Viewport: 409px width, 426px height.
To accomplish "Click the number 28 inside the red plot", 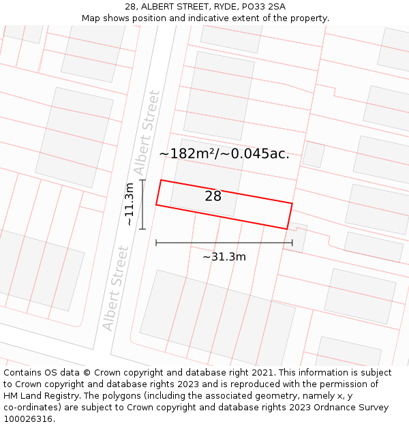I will [213, 196].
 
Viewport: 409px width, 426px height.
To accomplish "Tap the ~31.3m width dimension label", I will [224, 257].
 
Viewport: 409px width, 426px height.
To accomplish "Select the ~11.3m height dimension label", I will [128, 204].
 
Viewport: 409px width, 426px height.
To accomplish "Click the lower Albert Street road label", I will [115, 288].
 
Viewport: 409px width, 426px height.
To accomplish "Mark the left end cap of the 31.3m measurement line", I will [156, 242].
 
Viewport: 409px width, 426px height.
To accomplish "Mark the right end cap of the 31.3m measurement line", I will [292, 242].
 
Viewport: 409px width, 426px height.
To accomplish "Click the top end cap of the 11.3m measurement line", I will [142, 180].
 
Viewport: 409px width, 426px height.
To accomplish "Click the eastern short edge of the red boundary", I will [290, 216].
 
